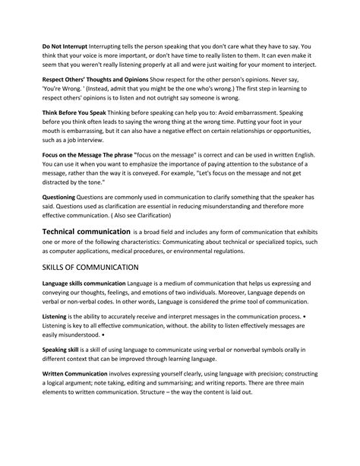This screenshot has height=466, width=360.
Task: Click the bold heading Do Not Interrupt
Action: coord(69,46)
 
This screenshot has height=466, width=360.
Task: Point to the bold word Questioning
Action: coord(63,196)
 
